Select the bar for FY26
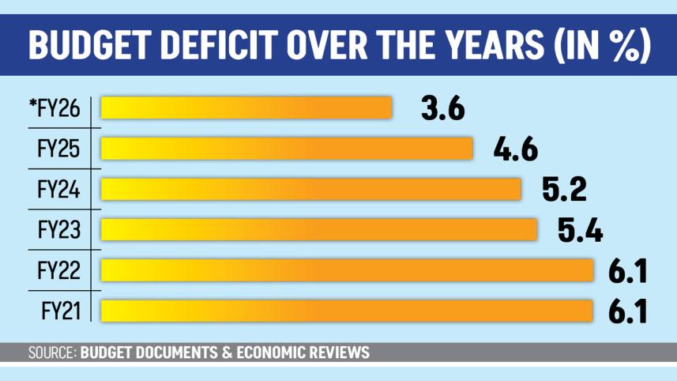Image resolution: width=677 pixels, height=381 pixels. [x=246, y=108]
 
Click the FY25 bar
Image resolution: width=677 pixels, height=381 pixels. [x=287, y=149]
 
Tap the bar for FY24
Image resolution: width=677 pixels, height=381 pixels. [x=311, y=189]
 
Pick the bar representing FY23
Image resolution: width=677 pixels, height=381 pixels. [x=319, y=229]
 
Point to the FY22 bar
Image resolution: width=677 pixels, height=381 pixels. [x=347, y=270]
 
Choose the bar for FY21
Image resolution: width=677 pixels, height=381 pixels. [x=347, y=310]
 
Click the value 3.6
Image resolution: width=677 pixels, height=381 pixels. [x=442, y=108]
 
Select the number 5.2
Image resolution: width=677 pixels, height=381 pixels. [x=564, y=189]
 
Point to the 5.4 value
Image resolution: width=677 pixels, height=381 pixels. [x=581, y=229]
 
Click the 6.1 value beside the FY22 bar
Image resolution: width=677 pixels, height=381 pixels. [x=628, y=270]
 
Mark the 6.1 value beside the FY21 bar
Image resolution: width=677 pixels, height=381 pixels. [x=628, y=311]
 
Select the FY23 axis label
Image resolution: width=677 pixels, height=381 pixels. [x=58, y=229]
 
